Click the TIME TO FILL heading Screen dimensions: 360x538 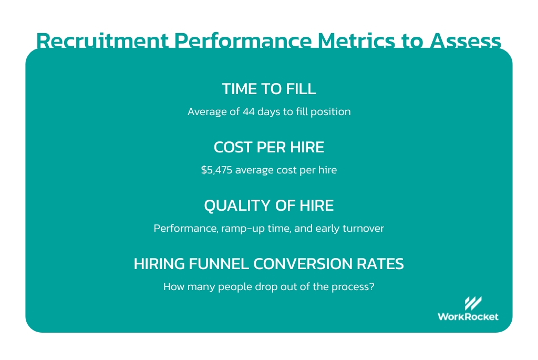268,89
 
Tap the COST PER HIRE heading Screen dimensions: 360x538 268,148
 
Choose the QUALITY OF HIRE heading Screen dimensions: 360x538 268,205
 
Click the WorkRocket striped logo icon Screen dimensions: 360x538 473,303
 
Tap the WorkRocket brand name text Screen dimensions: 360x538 468,316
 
